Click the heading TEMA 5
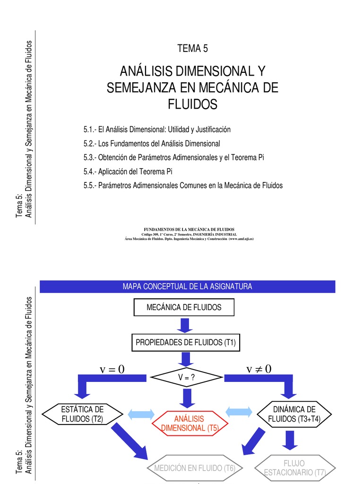[x=192, y=49]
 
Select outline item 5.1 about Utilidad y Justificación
[x=157, y=130]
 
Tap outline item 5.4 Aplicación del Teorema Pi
[x=128, y=171]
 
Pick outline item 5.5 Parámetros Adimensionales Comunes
[x=183, y=185]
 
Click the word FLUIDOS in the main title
[x=193, y=104]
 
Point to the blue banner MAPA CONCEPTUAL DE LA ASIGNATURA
[x=187, y=286]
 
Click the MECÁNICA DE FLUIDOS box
[x=184, y=307]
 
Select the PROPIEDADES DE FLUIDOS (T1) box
[x=186, y=342]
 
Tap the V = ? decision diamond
[x=186, y=377]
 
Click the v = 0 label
[x=112, y=369]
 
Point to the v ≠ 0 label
[x=259, y=369]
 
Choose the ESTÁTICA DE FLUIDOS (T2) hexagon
[x=82, y=414]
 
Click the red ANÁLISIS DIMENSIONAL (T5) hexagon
[x=190, y=423]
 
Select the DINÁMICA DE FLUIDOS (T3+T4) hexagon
[x=294, y=414]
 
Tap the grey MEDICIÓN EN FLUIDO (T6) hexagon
[x=195, y=468]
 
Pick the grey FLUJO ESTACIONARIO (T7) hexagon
[x=295, y=468]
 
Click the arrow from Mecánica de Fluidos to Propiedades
[x=185, y=325]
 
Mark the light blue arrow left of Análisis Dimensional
[x=141, y=414]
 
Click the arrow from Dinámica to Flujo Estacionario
[x=290, y=440]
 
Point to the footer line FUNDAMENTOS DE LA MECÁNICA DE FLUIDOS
[x=189, y=229]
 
